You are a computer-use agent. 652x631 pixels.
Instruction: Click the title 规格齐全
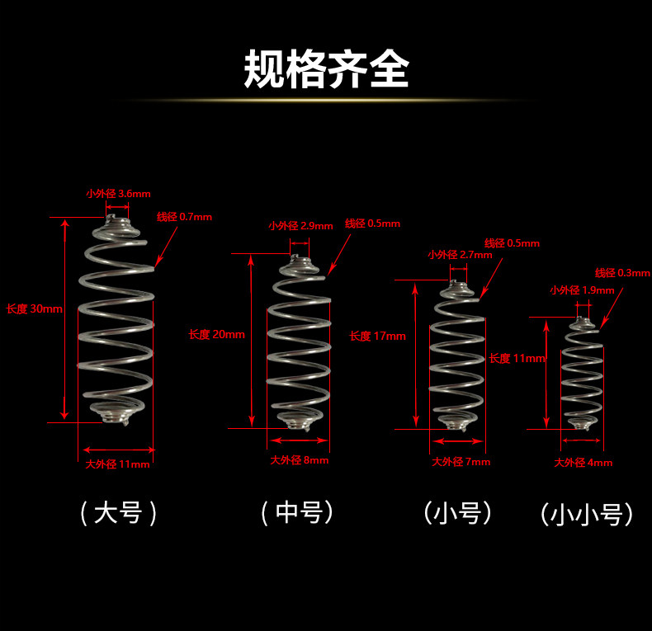(x=326, y=70)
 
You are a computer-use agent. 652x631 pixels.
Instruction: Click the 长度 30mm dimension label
(x=34, y=309)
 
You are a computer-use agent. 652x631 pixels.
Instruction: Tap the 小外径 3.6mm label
(x=118, y=194)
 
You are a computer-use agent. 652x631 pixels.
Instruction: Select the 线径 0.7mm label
(x=184, y=217)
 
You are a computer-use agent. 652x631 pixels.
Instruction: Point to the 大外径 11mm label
(x=118, y=464)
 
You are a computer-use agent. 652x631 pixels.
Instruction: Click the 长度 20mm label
(x=216, y=334)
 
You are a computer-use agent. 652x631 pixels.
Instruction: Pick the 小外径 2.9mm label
(x=300, y=225)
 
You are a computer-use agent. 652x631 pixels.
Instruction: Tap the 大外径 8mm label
(x=300, y=460)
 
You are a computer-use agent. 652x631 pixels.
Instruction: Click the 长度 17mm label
(x=377, y=336)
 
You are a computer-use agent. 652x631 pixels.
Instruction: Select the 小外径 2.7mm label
(x=460, y=255)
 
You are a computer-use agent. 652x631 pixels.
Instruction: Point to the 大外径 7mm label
(x=461, y=462)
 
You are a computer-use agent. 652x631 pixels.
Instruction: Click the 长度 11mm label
(x=517, y=359)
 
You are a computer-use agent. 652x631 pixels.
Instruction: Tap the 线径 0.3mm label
(x=622, y=273)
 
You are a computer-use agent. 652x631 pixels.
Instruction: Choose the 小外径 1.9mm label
(x=582, y=290)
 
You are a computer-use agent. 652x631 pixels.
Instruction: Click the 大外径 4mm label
(x=583, y=463)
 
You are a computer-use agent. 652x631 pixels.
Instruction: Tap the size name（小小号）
(x=587, y=516)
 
